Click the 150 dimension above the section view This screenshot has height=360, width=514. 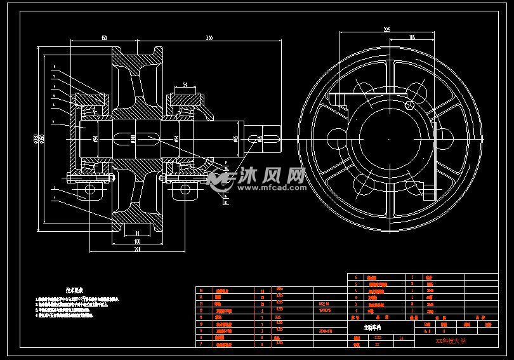pyautogui.click(x=103, y=39)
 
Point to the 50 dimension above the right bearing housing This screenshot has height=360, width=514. pyautogui.click(x=184, y=84)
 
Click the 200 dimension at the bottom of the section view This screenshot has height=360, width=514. pyautogui.click(x=136, y=249)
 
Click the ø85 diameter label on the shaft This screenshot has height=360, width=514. pyautogui.click(x=235, y=138)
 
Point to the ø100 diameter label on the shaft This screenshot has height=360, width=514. pyautogui.click(x=133, y=138)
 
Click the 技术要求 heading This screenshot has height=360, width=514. pyautogui.click(x=76, y=289)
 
